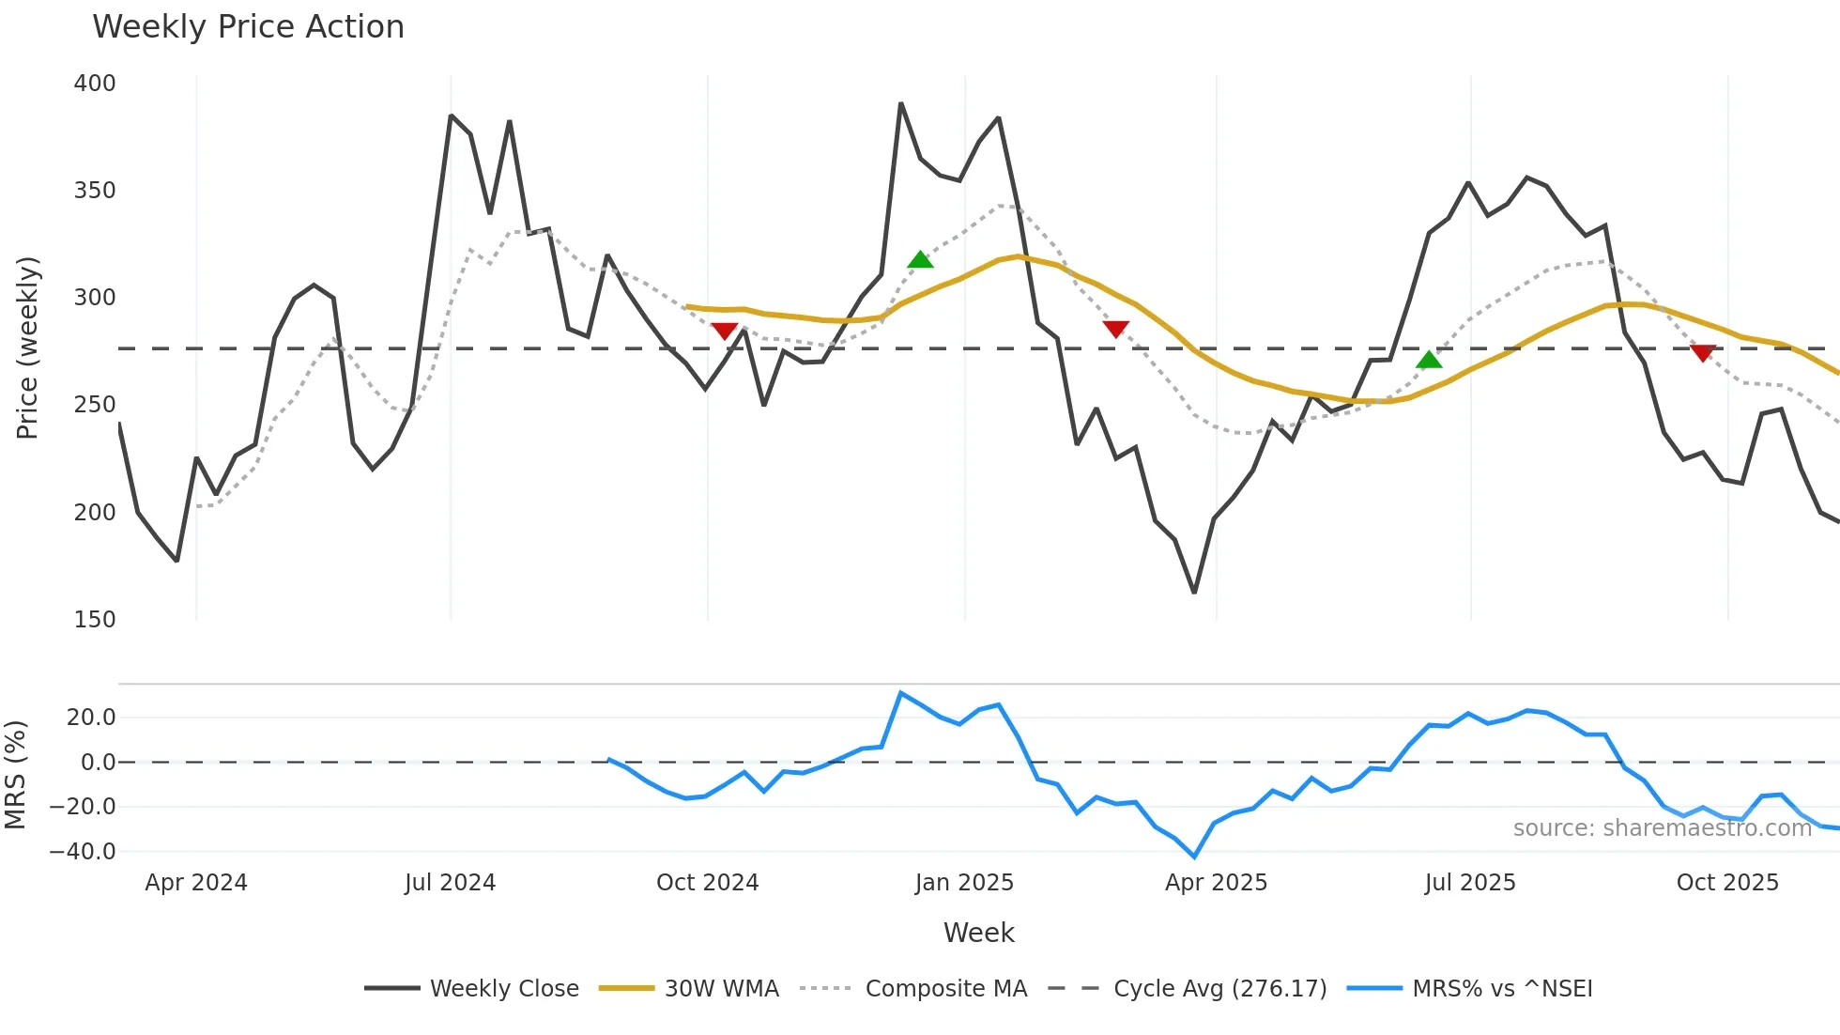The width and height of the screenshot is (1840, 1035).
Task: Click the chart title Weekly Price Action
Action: [x=248, y=27]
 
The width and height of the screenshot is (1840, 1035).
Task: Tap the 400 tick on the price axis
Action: [x=95, y=84]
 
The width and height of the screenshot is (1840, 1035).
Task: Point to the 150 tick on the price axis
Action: [x=95, y=620]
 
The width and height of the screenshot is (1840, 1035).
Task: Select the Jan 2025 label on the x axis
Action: [x=964, y=883]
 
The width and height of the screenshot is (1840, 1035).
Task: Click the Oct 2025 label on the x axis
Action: [x=1727, y=883]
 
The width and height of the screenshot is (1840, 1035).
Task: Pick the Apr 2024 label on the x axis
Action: [x=196, y=883]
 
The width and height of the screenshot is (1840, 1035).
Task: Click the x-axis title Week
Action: [x=978, y=933]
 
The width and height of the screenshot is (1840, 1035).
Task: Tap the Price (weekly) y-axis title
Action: [x=28, y=348]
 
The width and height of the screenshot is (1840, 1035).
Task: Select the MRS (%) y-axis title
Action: [x=16, y=775]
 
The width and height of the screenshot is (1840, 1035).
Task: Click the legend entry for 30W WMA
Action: [x=721, y=989]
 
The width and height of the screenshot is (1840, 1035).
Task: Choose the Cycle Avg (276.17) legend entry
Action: [x=1219, y=989]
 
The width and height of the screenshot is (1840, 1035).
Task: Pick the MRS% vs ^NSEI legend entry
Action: [x=1502, y=989]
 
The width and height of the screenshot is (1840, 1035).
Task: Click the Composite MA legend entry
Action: [x=945, y=989]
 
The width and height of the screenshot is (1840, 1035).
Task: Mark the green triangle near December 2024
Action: [x=920, y=260]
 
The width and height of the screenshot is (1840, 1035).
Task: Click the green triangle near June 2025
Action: [x=1429, y=361]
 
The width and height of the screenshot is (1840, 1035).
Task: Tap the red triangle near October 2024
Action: [x=724, y=331]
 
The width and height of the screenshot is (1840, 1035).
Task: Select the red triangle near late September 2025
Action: [x=1702, y=353]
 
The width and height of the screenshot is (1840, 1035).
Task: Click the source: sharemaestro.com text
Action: [x=1662, y=828]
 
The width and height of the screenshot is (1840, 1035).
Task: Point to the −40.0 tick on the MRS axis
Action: [x=83, y=852]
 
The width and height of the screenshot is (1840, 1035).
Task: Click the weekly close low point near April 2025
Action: [x=1194, y=593]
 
